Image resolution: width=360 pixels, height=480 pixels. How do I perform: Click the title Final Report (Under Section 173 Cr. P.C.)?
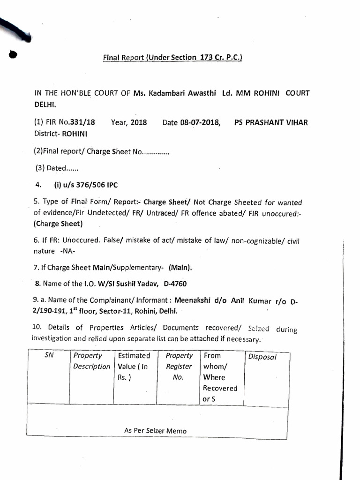point(172,58)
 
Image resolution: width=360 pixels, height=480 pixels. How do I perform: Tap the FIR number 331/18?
point(82,122)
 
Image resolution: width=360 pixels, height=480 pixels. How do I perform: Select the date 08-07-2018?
point(200,122)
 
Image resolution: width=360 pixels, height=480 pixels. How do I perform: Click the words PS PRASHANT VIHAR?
point(271,122)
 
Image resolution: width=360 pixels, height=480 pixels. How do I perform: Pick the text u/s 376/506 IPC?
point(83,185)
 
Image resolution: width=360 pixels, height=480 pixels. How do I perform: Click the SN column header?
point(49,355)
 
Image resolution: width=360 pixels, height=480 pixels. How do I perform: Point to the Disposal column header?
point(262,357)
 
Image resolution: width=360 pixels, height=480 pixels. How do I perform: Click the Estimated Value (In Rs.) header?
point(134,366)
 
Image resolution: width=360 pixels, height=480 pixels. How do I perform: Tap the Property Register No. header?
point(179,366)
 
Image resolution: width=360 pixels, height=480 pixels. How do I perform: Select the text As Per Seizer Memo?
point(155,431)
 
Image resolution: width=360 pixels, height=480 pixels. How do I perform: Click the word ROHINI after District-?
point(73,133)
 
